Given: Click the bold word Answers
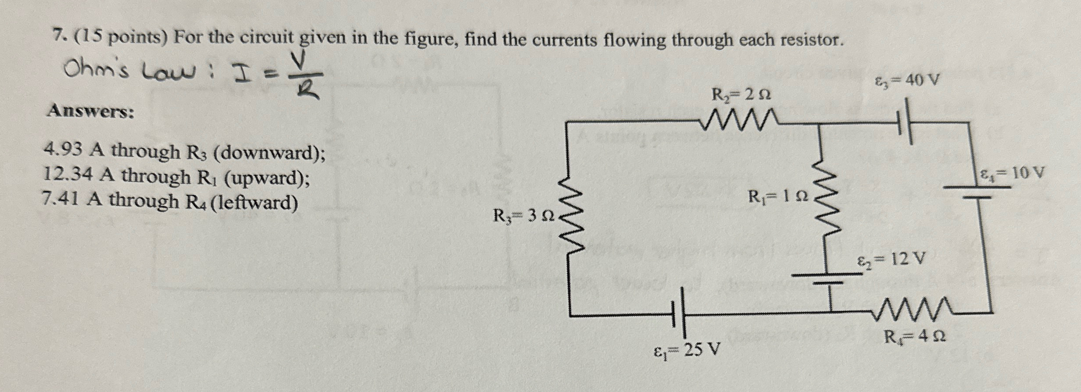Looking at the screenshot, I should [x=91, y=111].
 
